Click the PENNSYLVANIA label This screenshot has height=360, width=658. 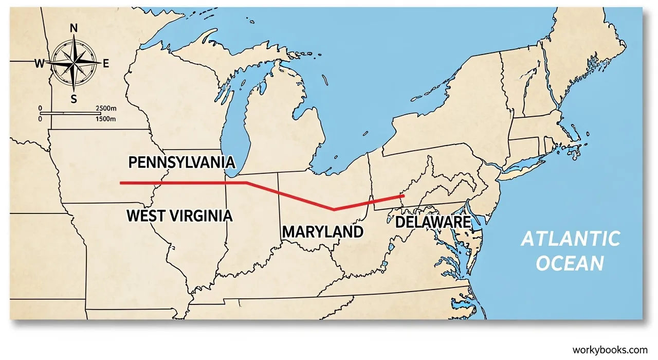pos(181,163)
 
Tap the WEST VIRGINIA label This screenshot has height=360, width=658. pos(179,215)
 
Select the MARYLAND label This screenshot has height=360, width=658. pos(322,232)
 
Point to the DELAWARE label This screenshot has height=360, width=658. pos(432,222)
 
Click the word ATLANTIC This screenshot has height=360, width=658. pos(571,239)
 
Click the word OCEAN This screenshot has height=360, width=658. pos(571,264)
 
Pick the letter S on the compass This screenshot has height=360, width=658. pos(74,99)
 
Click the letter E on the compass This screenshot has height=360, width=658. pos(106,64)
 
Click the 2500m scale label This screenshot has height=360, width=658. pos(106,109)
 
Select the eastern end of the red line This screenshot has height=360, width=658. pos(403,196)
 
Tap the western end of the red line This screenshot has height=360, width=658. pos(121,183)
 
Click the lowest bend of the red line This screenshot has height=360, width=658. pos(334,209)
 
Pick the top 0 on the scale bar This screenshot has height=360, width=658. pos(40,109)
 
